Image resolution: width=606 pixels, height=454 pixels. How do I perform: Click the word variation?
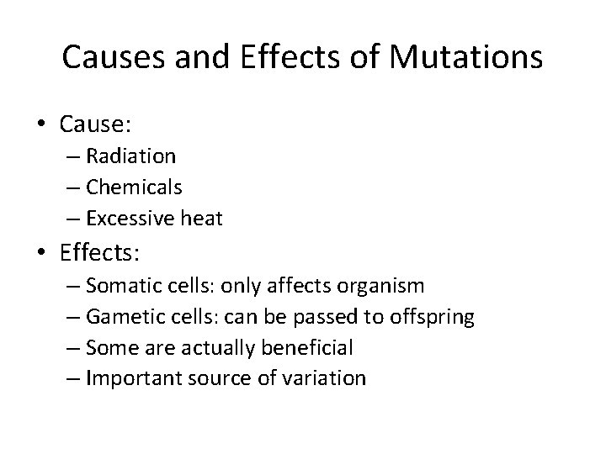325,378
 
